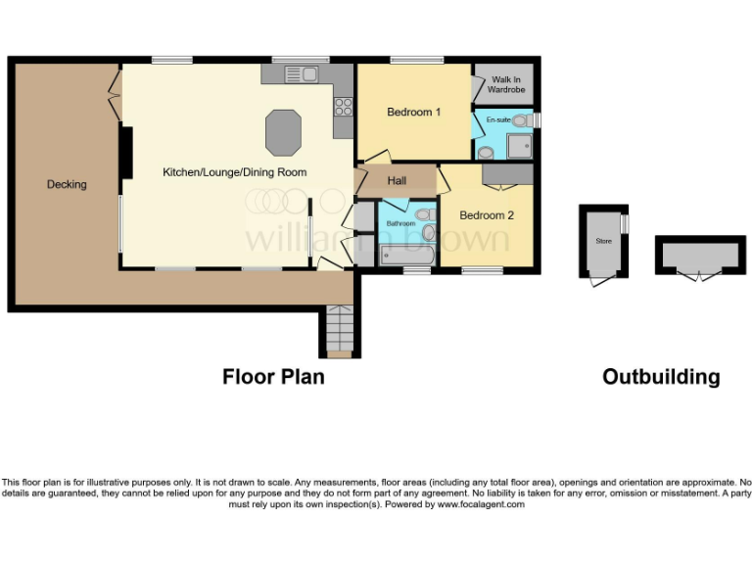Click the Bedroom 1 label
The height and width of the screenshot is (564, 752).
pyautogui.click(x=413, y=113)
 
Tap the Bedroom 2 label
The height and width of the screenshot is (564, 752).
pyautogui.click(x=487, y=215)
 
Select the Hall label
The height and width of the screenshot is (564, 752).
pyautogui.click(x=397, y=181)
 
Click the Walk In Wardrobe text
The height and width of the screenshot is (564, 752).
pyautogui.click(x=506, y=84)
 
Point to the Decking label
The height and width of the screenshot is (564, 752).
pyautogui.click(x=67, y=184)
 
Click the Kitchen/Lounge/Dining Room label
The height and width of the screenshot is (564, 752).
pyautogui.click(x=234, y=172)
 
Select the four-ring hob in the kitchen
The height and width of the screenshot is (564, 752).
pyautogui.click(x=343, y=103)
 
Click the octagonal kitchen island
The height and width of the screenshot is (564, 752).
pyautogui.click(x=283, y=132)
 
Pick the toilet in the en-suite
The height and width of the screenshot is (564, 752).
pyautogui.click(x=521, y=120)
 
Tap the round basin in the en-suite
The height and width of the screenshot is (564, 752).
pyautogui.click(x=486, y=153)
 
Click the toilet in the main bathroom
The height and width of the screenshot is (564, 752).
pyautogui.click(x=423, y=214)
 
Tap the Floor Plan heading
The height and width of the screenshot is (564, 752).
pyautogui.click(x=273, y=376)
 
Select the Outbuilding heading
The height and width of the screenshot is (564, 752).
pyautogui.click(x=661, y=377)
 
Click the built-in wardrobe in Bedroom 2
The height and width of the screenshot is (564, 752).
pyautogui.click(x=507, y=174)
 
